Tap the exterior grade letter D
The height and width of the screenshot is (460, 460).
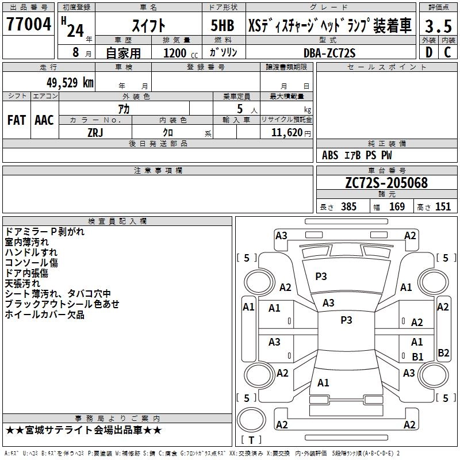click(428, 52)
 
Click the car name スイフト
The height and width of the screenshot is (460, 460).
click(149, 26)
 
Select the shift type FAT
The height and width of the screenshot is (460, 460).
click(16, 120)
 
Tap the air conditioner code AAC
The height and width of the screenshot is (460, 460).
click(44, 120)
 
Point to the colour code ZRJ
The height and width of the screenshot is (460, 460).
click(95, 132)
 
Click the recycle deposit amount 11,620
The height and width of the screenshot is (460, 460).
click(282, 132)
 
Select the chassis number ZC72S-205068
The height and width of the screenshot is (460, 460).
click(386, 183)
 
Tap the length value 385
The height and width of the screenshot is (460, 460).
click(347, 206)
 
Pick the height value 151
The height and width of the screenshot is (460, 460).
click(443, 206)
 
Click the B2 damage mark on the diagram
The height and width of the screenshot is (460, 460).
click(443, 353)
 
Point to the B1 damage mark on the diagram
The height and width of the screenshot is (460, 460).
click(417, 357)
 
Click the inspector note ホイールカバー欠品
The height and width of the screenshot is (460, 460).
click(44, 315)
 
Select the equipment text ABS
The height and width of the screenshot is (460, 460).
click(330, 155)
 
